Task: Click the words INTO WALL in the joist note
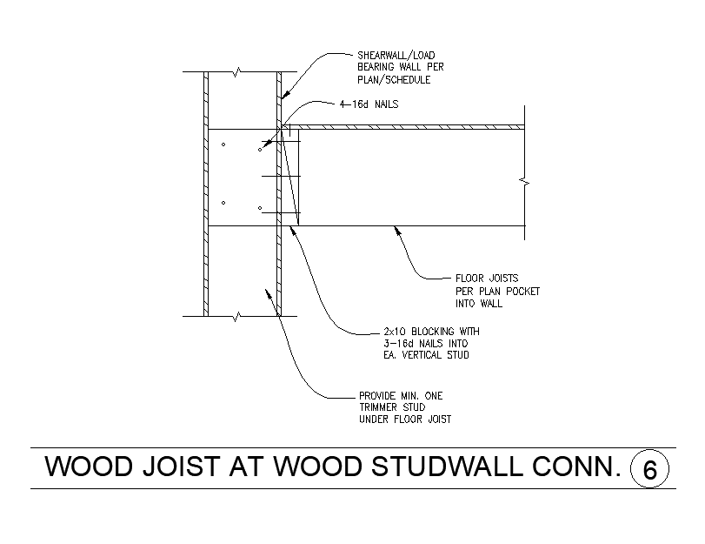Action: tap(479, 304)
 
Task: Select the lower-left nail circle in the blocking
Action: tap(223, 203)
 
